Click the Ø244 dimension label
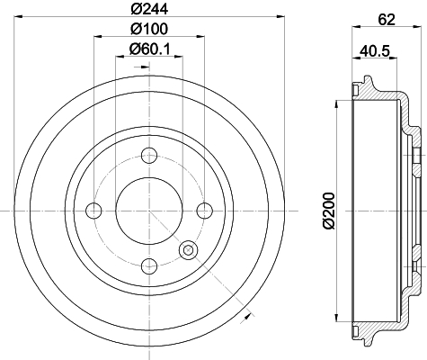coord(149,9)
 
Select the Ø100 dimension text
coord(149,29)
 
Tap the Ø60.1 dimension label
coord(149,49)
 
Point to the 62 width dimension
coord(387,20)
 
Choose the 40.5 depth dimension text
coord(374,51)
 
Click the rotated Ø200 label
coord(329,211)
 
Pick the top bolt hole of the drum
coord(149,156)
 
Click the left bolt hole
coord(93,211)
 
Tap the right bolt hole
coord(205,211)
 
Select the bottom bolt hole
coord(149,266)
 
